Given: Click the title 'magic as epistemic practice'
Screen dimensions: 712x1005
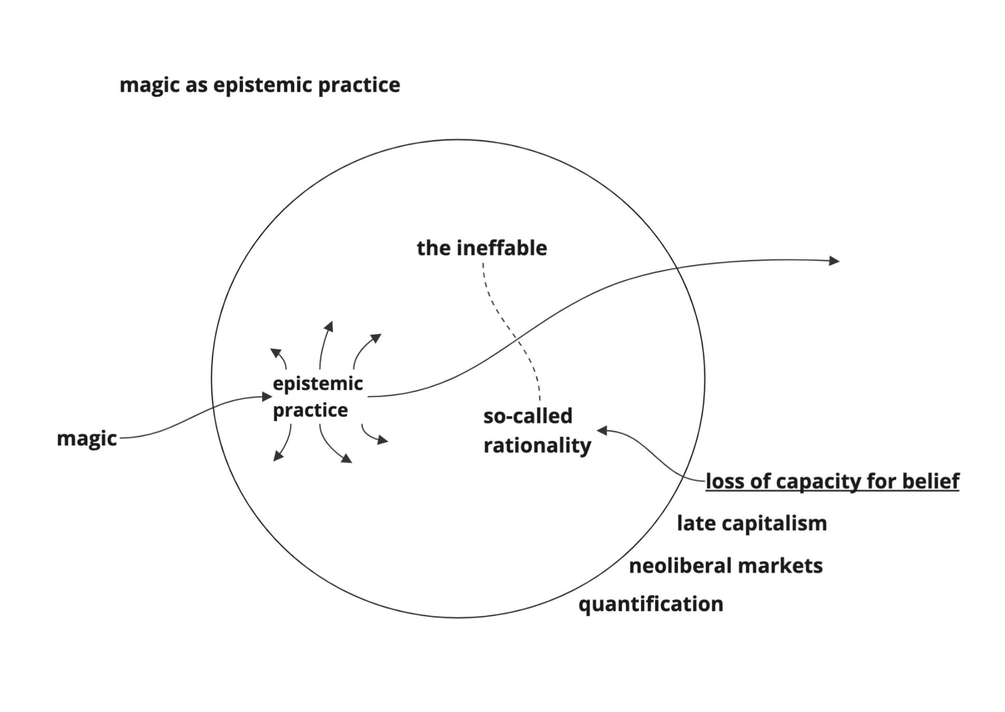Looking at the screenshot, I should tap(259, 86).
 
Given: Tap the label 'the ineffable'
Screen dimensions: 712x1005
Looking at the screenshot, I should tap(481, 248).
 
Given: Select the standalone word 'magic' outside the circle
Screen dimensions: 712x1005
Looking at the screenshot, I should tap(86, 439).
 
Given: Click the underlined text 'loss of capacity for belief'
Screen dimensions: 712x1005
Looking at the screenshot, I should tap(832, 481).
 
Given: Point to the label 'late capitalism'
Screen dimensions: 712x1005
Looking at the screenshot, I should tap(752, 523).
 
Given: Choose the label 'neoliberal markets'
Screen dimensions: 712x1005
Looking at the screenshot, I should tap(725, 566).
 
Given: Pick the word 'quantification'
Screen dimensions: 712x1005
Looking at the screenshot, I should tap(651, 604).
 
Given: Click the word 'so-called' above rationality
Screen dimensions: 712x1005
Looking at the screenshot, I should tap(528, 416).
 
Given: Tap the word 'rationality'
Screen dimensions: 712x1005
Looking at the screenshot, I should tap(537, 446).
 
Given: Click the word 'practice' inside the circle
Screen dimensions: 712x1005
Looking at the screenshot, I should tap(310, 411).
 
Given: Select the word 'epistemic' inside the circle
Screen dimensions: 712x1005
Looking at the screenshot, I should tap(318, 383).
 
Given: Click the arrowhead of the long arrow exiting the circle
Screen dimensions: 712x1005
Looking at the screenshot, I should tap(834, 261).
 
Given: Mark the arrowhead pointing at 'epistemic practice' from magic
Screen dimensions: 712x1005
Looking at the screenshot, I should tap(267, 396).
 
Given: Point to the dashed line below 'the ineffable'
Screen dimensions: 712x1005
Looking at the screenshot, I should tap(510, 330).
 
